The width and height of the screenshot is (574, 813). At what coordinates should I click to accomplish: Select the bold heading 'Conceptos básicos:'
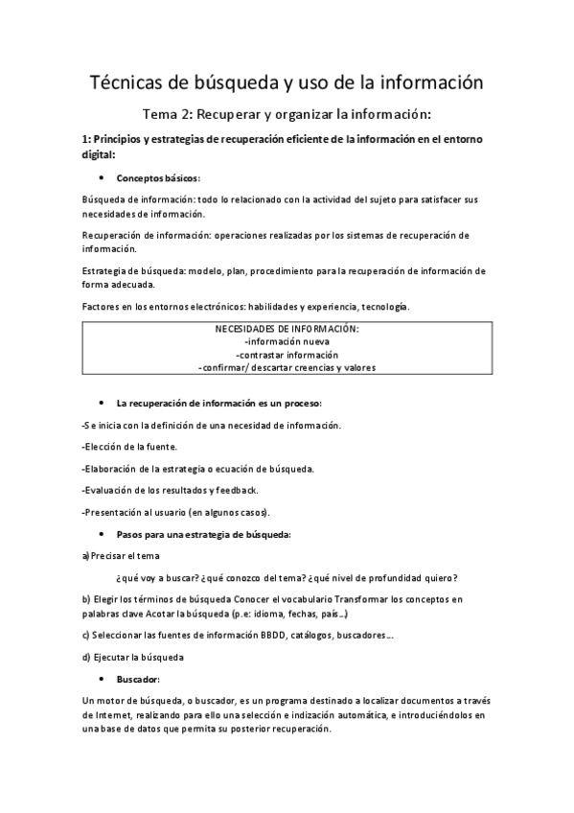158,178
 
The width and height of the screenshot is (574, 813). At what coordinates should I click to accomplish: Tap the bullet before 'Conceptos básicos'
102,178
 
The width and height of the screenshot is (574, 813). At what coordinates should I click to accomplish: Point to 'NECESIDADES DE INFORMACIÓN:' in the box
287,329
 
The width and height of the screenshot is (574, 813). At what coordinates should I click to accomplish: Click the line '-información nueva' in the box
287,341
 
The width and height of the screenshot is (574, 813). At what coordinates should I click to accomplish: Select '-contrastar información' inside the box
287,354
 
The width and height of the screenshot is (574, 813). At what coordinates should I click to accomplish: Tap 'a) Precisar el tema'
122,555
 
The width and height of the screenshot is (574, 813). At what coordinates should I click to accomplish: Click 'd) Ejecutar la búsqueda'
133,657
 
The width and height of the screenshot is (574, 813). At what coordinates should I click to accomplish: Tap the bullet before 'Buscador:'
102,679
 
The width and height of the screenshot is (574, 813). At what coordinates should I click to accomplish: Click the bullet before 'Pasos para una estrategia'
102,533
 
